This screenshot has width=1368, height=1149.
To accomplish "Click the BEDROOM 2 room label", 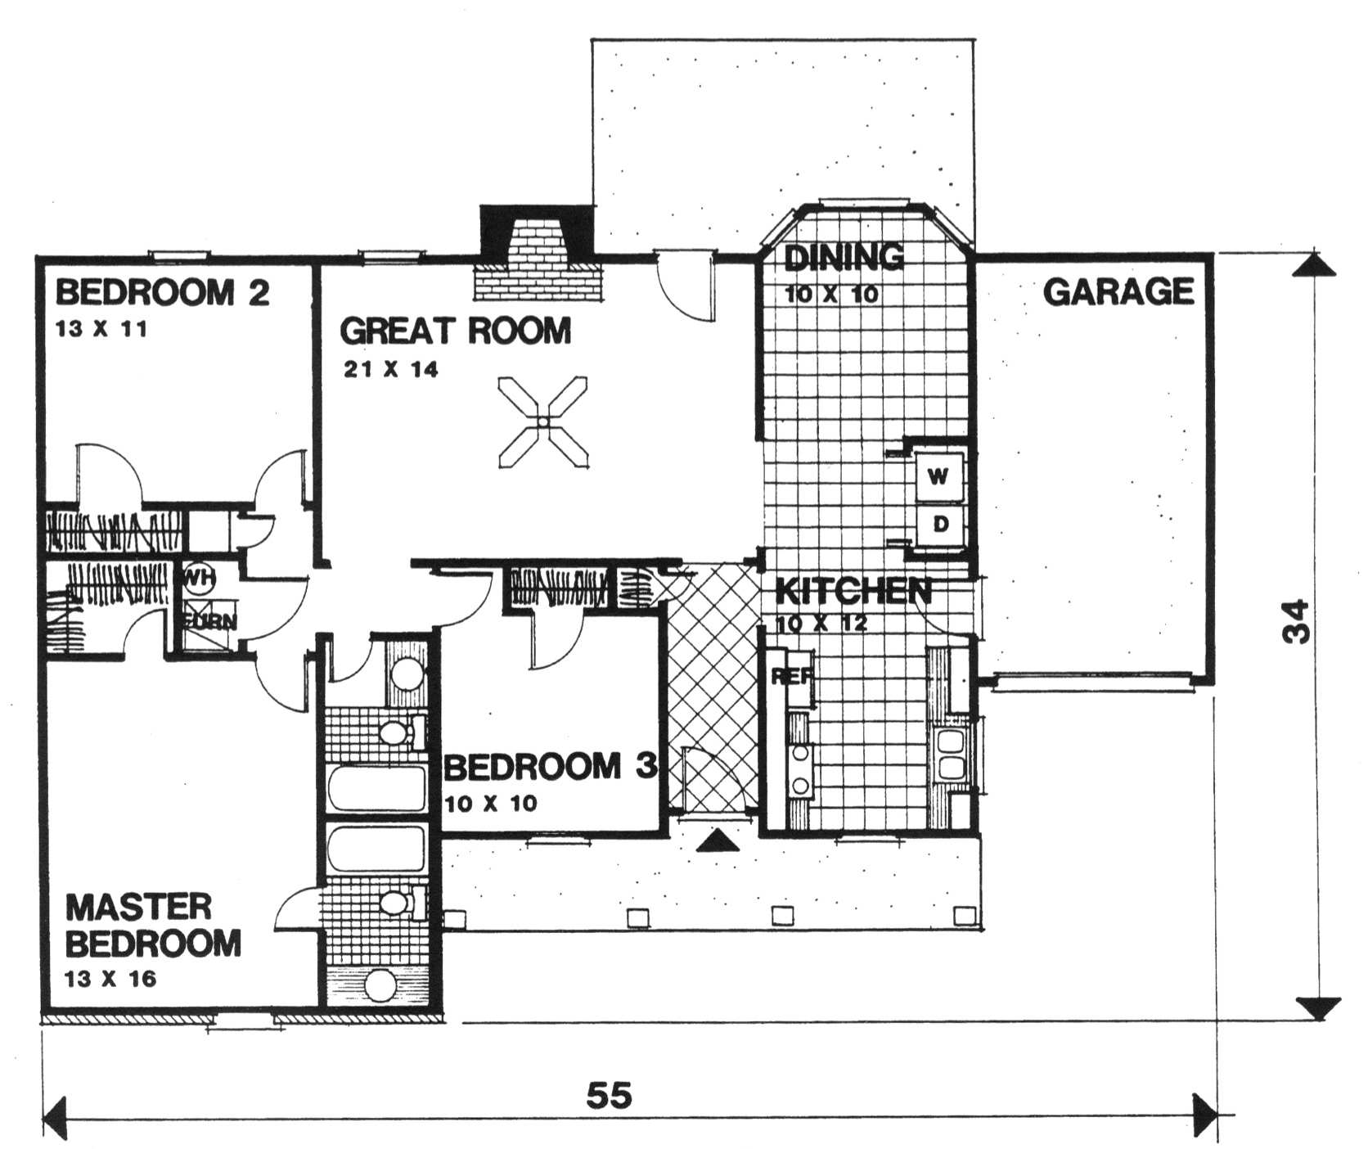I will (162, 292).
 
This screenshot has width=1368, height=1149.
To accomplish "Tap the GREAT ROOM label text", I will (455, 331).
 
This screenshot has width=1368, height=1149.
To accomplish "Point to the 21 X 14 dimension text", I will (391, 370).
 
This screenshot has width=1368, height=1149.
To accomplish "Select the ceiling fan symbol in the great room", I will (543, 422).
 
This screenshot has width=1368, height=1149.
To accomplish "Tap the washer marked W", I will (938, 475).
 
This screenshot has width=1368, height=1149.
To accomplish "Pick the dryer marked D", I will (939, 524).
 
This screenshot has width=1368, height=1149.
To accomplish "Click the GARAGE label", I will (1118, 292).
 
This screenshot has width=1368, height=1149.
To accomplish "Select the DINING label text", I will (844, 258).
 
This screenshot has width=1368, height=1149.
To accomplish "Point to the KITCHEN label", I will (853, 591).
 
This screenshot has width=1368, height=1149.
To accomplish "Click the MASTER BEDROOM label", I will (153, 925).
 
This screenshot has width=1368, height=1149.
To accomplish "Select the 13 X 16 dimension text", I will (110, 979).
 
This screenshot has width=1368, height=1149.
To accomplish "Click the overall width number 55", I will (610, 1095).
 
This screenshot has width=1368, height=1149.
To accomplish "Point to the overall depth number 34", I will (1296, 622).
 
